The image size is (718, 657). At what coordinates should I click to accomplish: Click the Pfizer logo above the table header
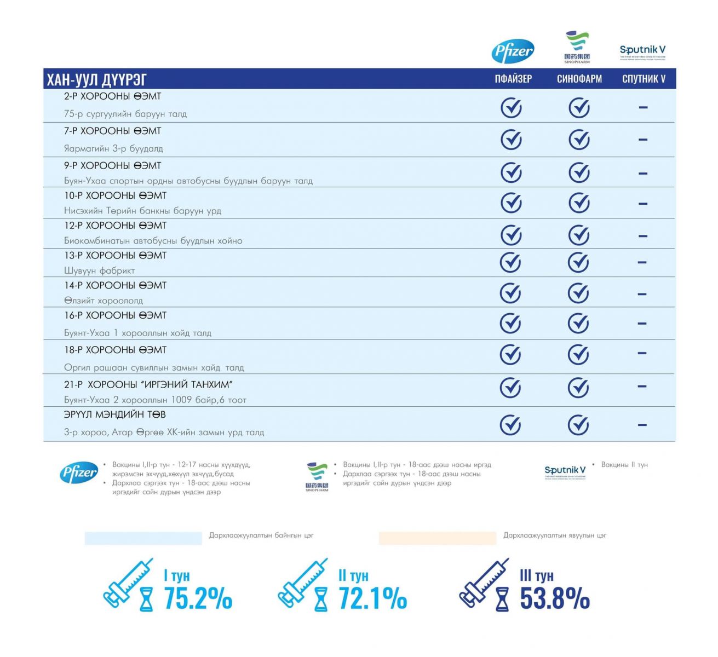point(513,51)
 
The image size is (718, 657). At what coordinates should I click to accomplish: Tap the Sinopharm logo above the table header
point(577,47)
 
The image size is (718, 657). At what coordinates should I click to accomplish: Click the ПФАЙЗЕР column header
point(513,79)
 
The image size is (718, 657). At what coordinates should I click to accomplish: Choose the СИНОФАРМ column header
point(579,79)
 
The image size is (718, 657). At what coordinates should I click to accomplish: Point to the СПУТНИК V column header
point(644,79)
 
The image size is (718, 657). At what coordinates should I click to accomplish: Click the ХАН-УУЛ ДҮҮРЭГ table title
point(97,79)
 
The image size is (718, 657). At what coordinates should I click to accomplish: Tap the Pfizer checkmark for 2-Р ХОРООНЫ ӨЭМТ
point(511,107)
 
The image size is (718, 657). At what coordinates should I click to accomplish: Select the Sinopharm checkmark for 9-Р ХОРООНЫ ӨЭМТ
point(578,173)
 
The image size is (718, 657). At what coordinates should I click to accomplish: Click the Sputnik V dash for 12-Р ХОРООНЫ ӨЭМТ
point(643,236)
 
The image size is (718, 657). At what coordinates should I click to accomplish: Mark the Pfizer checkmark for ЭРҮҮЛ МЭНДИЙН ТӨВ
point(510,424)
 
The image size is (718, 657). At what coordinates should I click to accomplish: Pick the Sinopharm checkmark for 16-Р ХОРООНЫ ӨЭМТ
point(578,323)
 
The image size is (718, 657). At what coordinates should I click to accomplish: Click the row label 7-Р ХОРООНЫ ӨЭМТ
point(113,131)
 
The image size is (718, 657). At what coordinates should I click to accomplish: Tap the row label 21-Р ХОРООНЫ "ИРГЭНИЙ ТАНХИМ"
point(148,384)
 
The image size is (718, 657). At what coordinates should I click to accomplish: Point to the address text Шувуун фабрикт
point(99,270)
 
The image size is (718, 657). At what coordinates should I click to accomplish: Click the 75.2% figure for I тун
point(198,598)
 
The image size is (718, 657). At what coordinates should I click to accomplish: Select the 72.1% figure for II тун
point(372,598)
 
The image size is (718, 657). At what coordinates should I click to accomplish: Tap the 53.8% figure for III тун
point(554,598)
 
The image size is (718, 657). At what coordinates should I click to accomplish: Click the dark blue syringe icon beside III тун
point(483,583)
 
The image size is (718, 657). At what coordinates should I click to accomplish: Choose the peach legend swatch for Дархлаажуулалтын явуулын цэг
point(438,538)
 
